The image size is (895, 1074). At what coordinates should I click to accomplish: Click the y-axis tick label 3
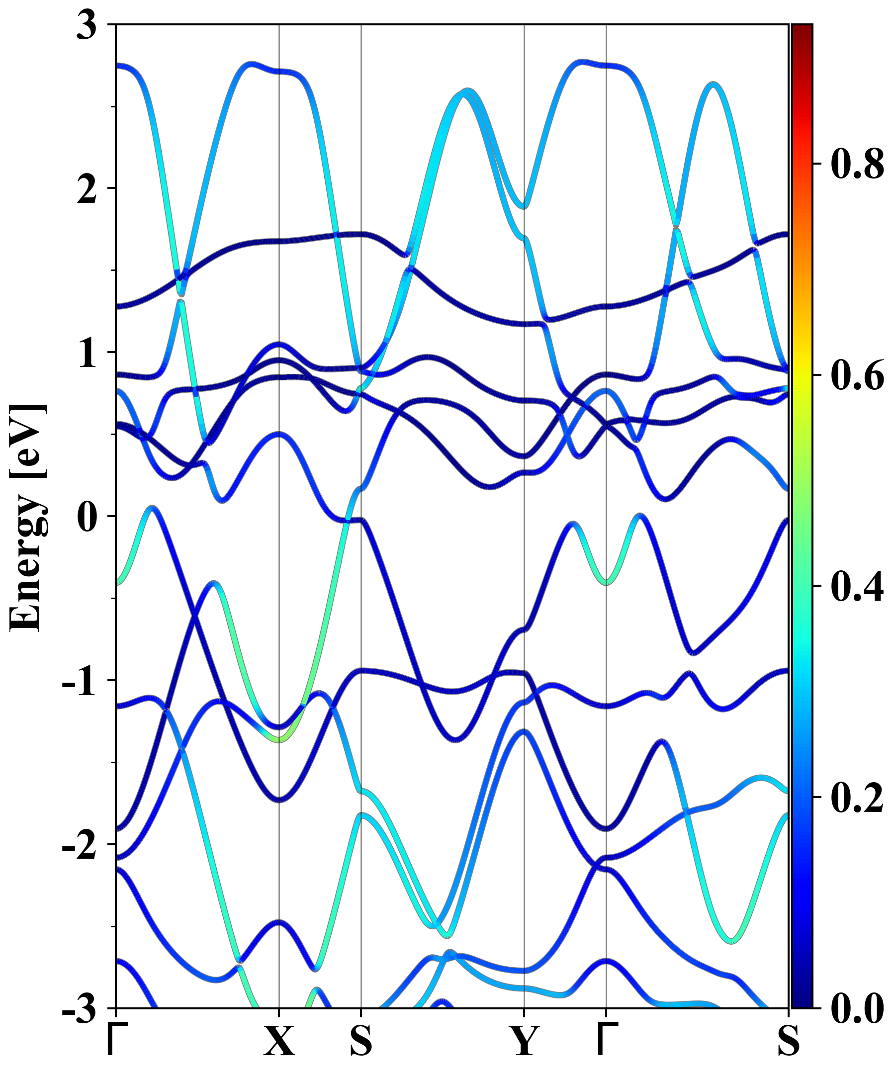coord(87,25)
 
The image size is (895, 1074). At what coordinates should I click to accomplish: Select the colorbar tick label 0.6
coord(857,375)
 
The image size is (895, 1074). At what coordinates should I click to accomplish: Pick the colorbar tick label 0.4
coord(857,586)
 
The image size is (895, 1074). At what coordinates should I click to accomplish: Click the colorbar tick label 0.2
coord(857,797)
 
